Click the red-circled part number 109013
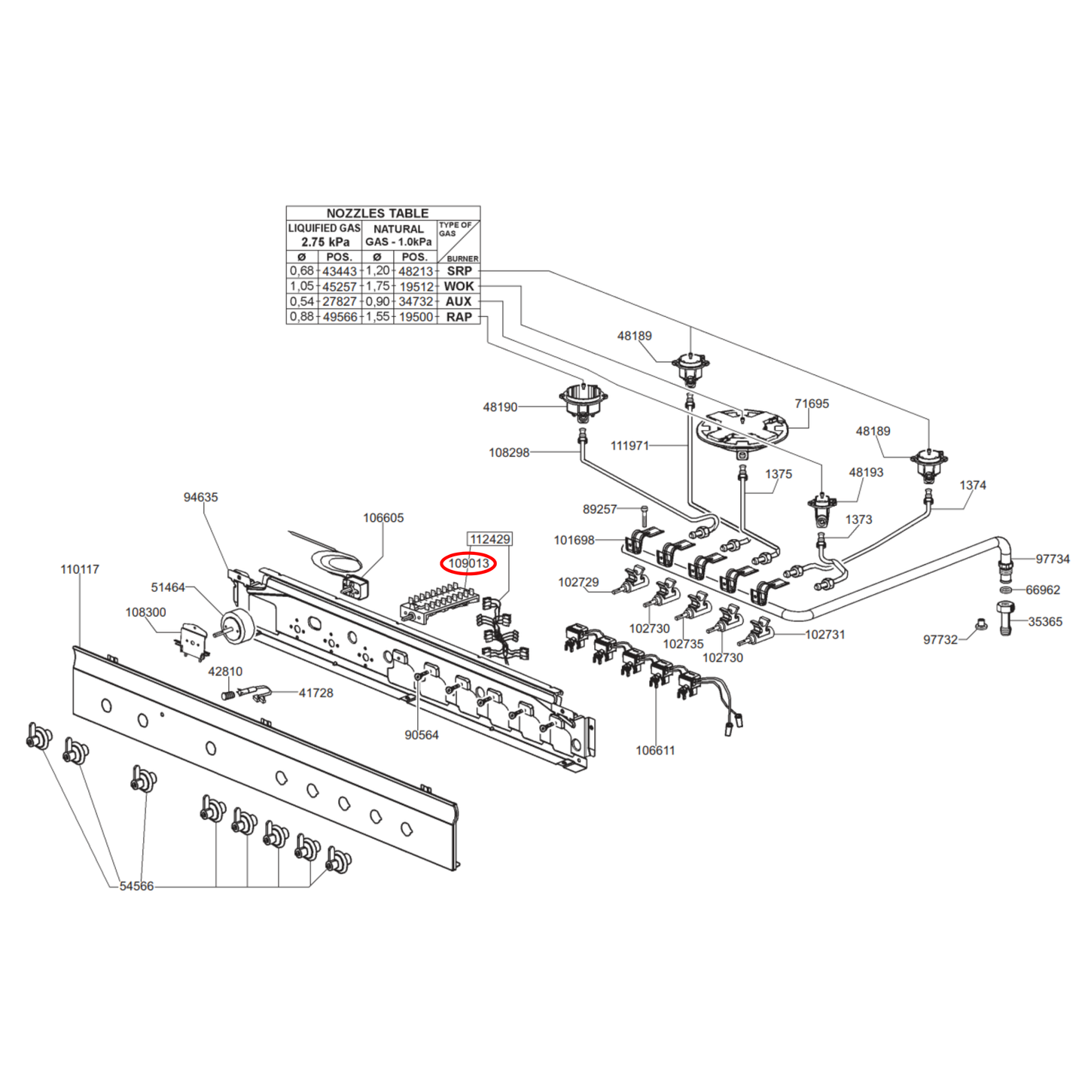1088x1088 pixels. coord(468,563)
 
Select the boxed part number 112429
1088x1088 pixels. coord(489,539)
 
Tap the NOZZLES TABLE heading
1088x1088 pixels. coord(377,213)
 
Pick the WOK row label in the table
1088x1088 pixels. coord(459,286)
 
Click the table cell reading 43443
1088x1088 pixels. coord(340,271)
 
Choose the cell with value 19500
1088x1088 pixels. coord(416,317)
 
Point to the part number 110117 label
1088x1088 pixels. coord(80,569)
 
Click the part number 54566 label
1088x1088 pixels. coord(136,886)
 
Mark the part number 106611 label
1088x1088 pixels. coord(655,750)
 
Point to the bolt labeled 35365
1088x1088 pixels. coord(1006,619)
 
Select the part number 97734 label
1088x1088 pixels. coord(1052,559)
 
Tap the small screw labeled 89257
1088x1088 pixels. coord(645,517)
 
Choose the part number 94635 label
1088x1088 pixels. coord(200,497)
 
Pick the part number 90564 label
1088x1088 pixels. coord(421,735)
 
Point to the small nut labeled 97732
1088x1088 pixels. coord(980,623)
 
